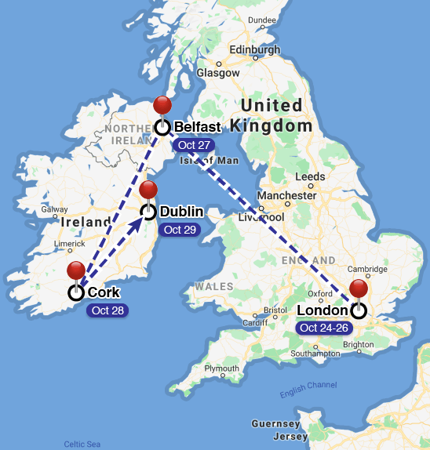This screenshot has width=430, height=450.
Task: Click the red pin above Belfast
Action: tap(162, 106)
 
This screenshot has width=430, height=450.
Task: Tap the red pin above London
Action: tap(359, 289)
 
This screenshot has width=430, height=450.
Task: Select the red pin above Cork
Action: tap(76, 271)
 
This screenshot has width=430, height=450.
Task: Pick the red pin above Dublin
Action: tap(148, 190)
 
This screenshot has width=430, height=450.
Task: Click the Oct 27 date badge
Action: tap(194, 145)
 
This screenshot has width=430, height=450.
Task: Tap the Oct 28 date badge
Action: tap(107, 310)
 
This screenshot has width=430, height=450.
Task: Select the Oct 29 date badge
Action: tap(179, 230)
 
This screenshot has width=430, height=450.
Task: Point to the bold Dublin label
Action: tap(181, 212)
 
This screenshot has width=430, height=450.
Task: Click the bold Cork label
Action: tap(104, 292)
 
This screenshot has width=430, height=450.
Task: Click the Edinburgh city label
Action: tap(253, 50)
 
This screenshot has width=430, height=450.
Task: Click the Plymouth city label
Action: tap(223, 368)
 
